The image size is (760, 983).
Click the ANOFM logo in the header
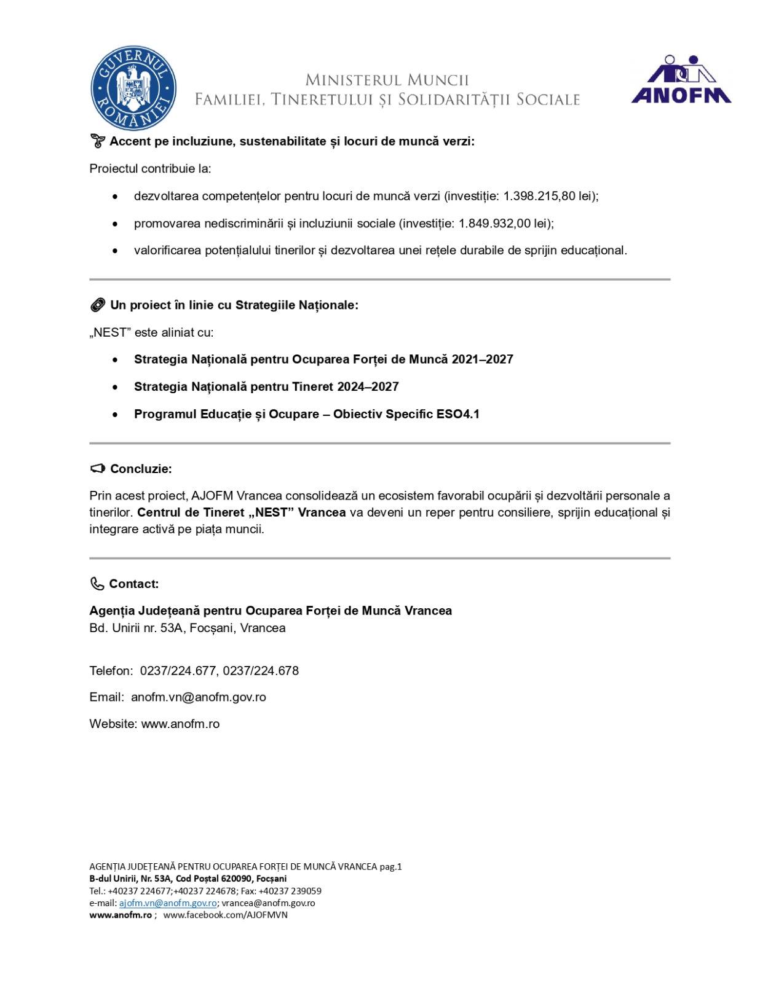tap(681, 79)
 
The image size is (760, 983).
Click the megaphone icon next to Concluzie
tap(97, 469)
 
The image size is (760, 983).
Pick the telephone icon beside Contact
tap(97, 584)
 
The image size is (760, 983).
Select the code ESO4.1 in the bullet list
tap(457, 414)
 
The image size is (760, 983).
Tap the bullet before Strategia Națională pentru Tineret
tap(115, 387)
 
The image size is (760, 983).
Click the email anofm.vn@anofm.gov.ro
tap(198, 697)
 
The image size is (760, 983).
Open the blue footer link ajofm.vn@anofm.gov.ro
tap(167, 903)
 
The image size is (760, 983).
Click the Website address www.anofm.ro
tap(180, 724)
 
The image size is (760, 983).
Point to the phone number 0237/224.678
tap(261, 671)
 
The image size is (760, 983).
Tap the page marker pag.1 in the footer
tap(390, 867)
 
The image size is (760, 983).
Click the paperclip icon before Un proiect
tap(97, 305)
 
